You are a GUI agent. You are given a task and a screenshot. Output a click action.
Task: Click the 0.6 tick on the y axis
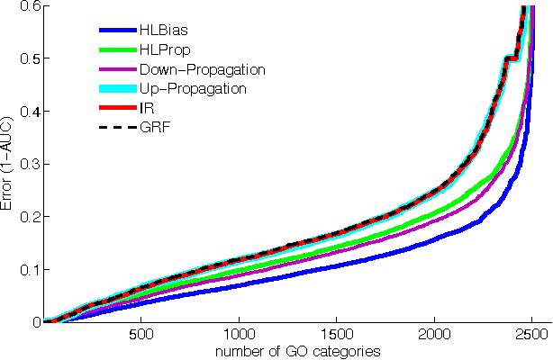coord(29,6)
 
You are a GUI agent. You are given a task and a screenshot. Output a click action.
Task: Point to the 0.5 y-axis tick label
coord(29,58)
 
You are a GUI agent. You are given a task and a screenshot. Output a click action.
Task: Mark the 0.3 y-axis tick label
coord(29,164)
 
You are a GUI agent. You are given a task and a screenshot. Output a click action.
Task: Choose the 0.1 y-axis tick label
coord(29,269)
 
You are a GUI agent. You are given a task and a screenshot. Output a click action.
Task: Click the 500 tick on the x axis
coord(141,334)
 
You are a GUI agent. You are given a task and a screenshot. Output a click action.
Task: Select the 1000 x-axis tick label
coord(239,334)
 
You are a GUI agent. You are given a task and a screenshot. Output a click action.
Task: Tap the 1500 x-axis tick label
coord(337,334)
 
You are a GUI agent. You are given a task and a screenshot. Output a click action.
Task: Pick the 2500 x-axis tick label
coord(532,334)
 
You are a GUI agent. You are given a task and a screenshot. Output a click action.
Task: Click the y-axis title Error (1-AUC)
coord(8,164)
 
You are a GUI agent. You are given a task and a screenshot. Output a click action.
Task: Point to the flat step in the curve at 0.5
coord(511,58)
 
